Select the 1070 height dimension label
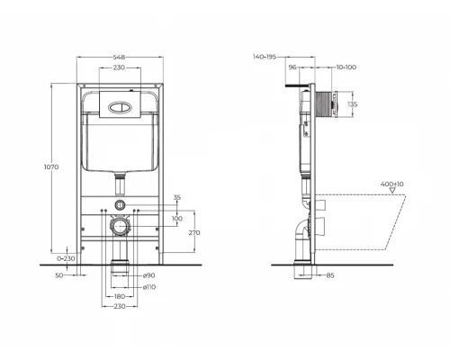[x=51, y=167]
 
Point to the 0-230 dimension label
[x=62, y=259]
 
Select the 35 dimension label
[x=177, y=197]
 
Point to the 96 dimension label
[x=292, y=67]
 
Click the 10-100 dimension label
[x=346, y=67]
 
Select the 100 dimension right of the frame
[x=176, y=218]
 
